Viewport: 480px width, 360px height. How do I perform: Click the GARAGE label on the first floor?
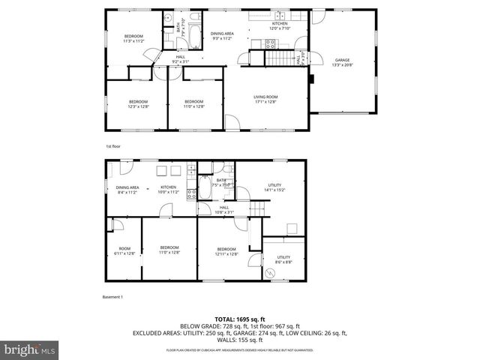[342, 63]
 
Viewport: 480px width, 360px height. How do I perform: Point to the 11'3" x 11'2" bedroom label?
[133, 39]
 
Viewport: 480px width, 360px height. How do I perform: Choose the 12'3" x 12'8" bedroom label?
[138, 103]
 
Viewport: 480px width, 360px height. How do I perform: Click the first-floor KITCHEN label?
[280, 26]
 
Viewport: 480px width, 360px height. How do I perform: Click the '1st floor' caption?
[113, 146]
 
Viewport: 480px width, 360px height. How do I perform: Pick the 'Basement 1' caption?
[112, 297]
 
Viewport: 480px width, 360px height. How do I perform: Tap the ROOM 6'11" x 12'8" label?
[124, 250]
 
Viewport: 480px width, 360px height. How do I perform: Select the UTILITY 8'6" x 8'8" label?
[283, 259]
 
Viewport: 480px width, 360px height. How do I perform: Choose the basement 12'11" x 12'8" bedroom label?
[226, 251]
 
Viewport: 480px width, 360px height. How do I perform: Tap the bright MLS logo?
[29, 349]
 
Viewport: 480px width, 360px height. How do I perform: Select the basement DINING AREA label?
[127, 190]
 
